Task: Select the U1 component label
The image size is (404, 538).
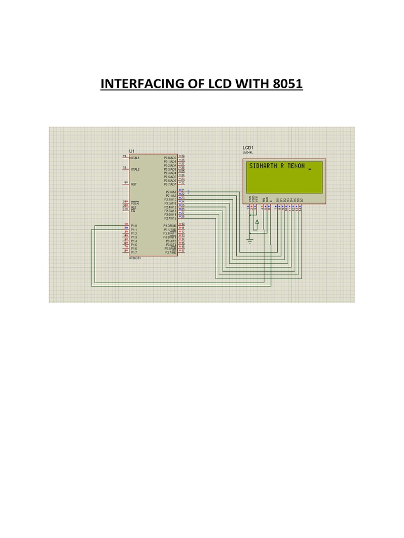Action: (x=132, y=151)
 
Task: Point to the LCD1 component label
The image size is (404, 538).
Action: (x=248, y=148)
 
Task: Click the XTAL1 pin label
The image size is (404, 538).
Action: (x=135, y=158)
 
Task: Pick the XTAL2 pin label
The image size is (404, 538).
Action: (x=135, y=169)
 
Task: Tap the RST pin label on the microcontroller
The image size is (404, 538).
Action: (x=134, y=184)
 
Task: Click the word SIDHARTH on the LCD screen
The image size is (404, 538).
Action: (x=261, y=165)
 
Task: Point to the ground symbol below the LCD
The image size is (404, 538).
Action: (x=250, y=242)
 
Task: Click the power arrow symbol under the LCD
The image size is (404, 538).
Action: (x=257, y=223)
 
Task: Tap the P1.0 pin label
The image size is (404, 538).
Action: (x=134, y=226)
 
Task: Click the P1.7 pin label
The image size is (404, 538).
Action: (x=134, y=252)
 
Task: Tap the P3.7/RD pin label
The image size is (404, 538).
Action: (x=170, y=253)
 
